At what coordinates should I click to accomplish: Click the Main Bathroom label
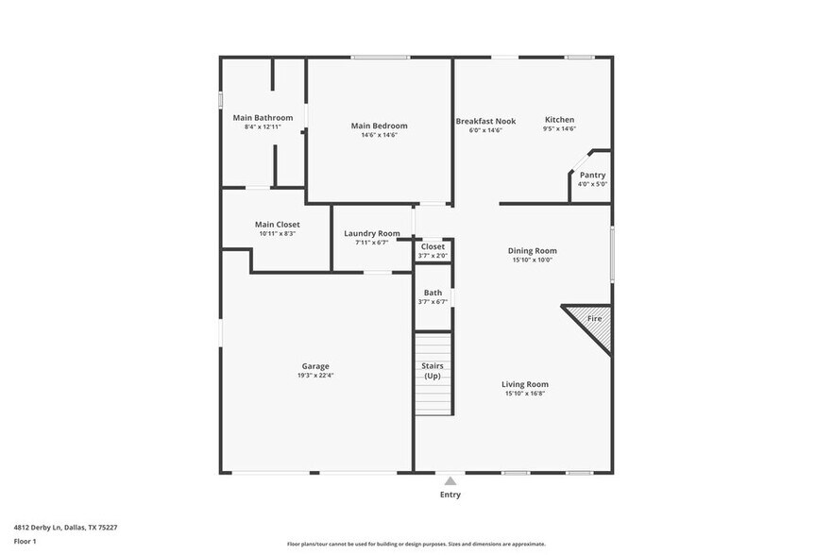[x=263, y=118]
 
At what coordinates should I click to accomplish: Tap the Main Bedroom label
[x=379, y=126]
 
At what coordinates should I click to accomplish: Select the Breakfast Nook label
[x=485, y=121]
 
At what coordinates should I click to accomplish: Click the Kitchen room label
[x=559, y=120]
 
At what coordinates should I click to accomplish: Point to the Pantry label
[x=592, y=175]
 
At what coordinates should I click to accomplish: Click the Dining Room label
[x=534, y=251]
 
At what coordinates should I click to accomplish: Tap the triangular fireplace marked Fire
[x=593, y=322]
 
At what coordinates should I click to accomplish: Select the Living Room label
[x=524, y=384]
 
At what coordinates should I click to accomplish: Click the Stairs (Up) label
[x=433, y=371]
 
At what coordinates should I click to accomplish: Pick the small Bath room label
[x=433, y=293]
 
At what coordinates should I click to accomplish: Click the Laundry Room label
[x=371, y=233]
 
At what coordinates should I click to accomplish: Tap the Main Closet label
[x=277, y=225]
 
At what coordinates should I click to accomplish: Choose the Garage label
[x=315, y=366]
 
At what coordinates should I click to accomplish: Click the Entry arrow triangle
[x=450, y=480]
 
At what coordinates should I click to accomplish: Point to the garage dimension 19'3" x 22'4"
[x=315, y=376]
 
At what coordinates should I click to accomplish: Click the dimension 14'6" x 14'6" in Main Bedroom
[x=379, y=135]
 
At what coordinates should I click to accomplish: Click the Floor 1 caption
[x=25, y=541]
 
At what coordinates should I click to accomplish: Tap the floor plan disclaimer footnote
[x=416, y=544]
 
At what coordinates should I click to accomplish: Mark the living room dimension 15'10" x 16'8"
[x=524, y=394]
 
